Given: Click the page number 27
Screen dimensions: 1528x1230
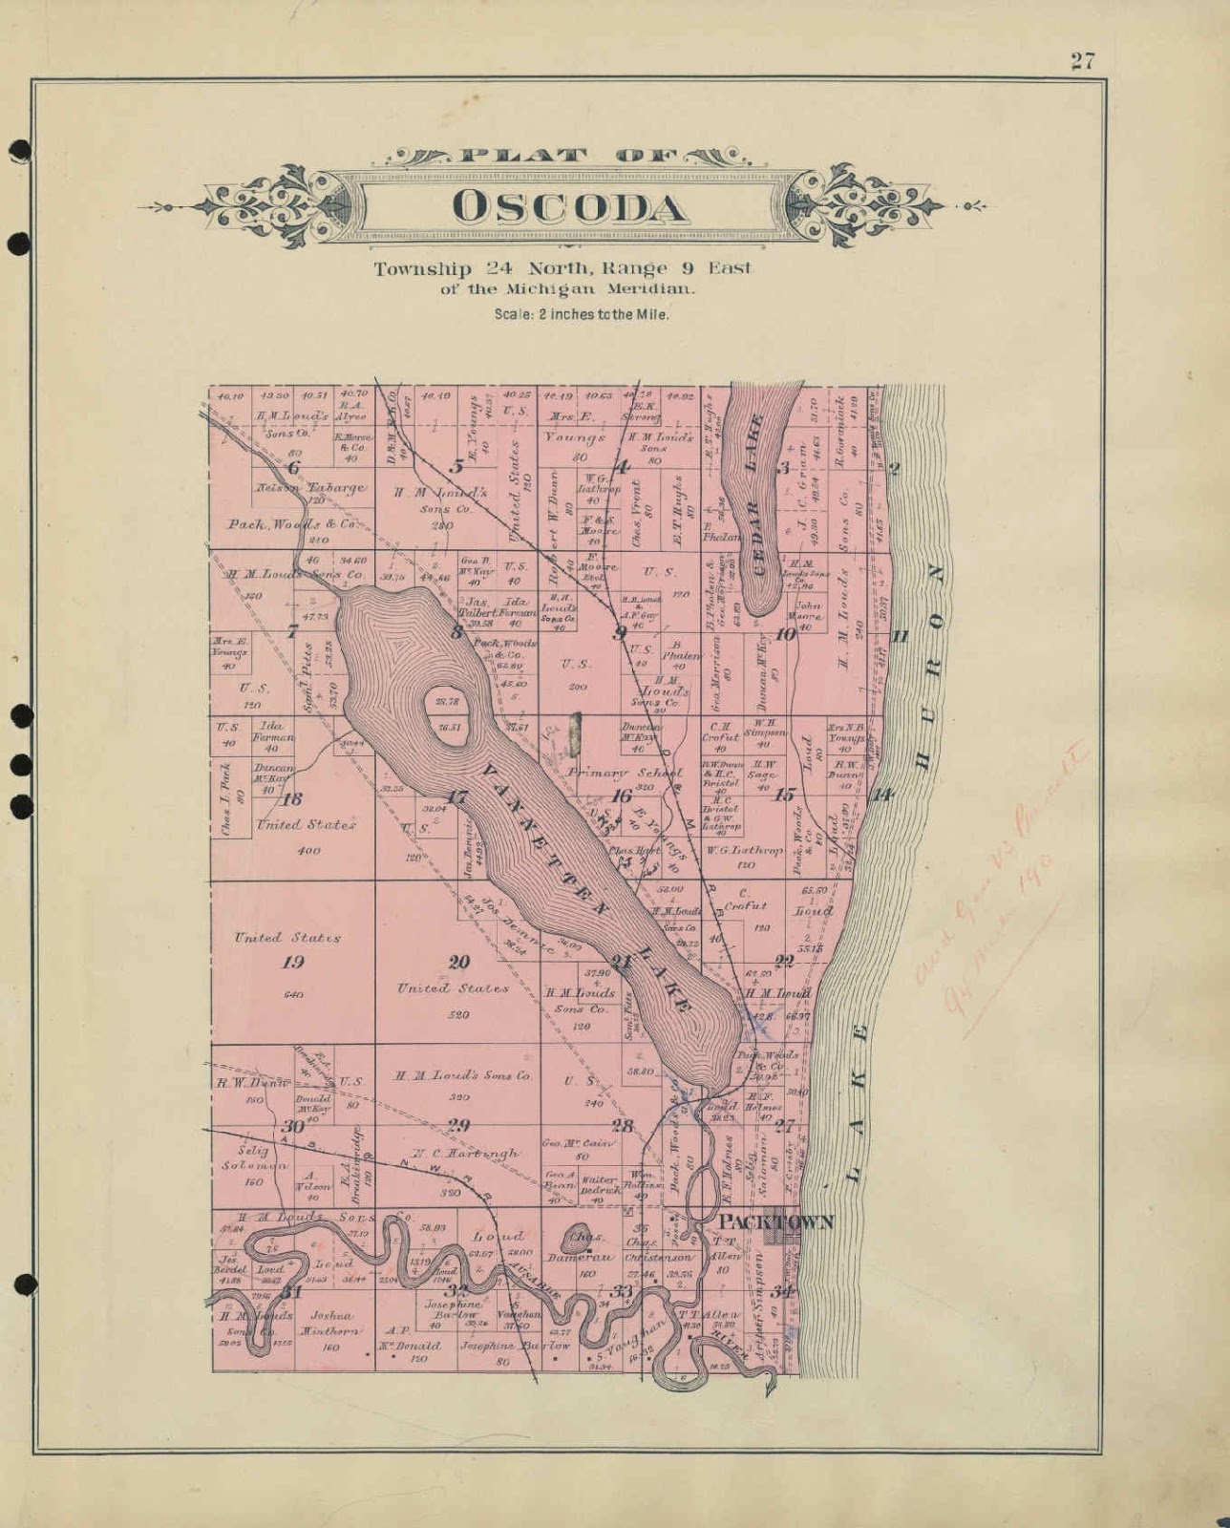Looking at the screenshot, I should click(1081, 61).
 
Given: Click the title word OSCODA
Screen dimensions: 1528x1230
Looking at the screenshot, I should click(568, 208).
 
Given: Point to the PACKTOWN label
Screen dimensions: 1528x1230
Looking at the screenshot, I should click(775, 1221).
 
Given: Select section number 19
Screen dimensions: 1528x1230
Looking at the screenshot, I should click(292, 962).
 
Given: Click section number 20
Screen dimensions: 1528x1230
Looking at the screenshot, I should click(459, 962).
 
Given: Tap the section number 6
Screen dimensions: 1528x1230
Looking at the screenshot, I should click(293, 467).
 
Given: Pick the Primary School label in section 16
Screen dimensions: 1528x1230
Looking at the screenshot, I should click(624, 772).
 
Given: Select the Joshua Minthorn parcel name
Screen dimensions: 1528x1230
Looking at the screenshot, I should click(330, 1323).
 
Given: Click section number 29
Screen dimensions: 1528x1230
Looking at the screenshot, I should click(458, 1125).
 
